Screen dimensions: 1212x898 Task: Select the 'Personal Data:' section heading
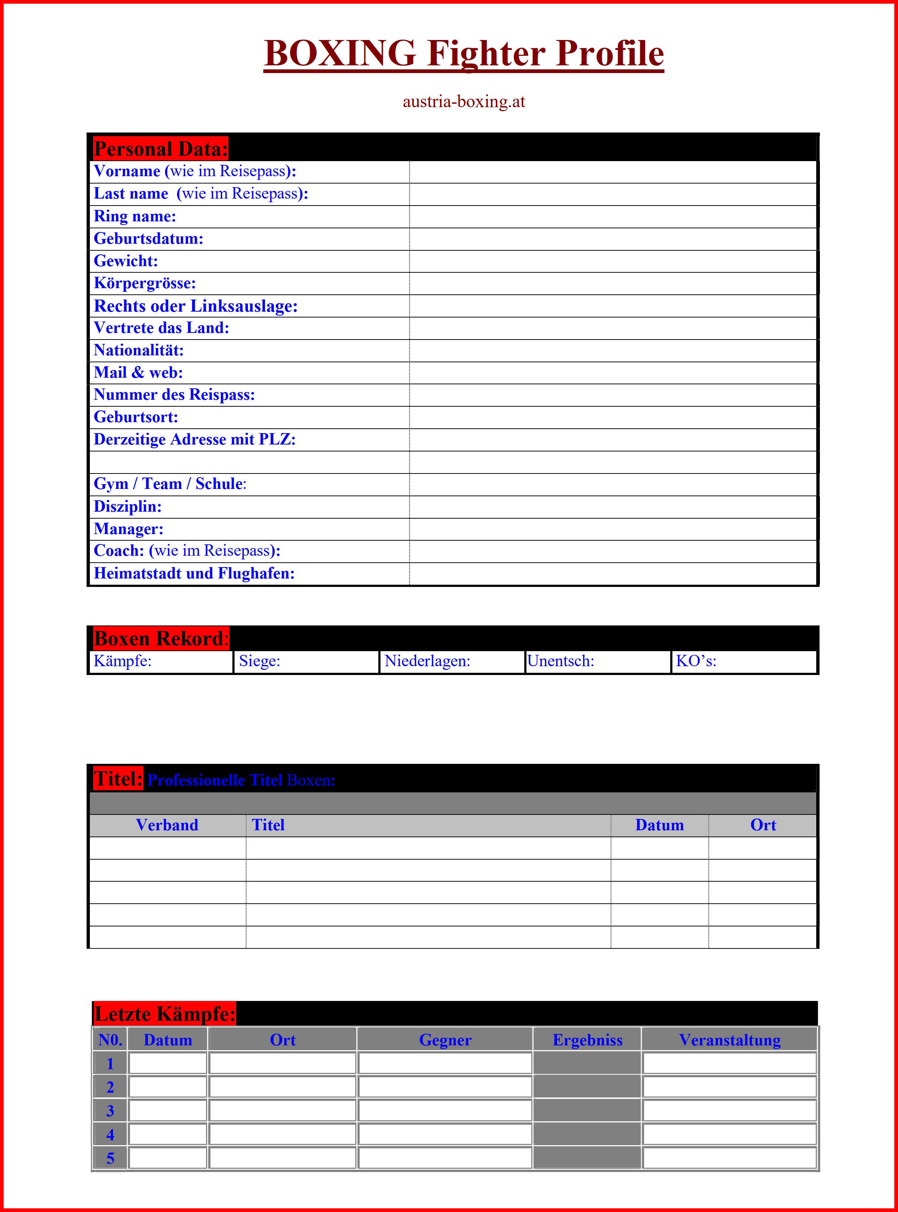(160, 149)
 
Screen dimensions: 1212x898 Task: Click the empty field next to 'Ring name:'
(613, 217)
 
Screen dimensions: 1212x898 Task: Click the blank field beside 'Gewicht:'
(613, 261)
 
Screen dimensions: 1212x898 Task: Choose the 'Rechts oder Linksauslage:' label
(196, 306)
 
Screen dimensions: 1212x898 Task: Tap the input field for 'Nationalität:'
(613, 350)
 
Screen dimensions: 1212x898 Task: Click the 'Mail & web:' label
(138, 373)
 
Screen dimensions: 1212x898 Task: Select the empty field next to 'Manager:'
(613, 529)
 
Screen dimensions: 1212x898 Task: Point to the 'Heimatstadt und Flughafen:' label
(194, 573)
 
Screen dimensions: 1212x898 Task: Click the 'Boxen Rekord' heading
(159, 638)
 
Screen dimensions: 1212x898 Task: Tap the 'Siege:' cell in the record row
(305, 661)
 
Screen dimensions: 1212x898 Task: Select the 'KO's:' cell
(744, 661)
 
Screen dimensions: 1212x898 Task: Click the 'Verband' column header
(167, 825)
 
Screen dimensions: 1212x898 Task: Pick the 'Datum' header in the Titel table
(659, 825)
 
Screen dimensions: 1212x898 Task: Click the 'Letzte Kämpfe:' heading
(164, 1014)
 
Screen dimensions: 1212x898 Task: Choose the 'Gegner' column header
(445, 1040)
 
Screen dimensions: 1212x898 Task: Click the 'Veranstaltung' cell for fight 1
(729, 1063)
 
